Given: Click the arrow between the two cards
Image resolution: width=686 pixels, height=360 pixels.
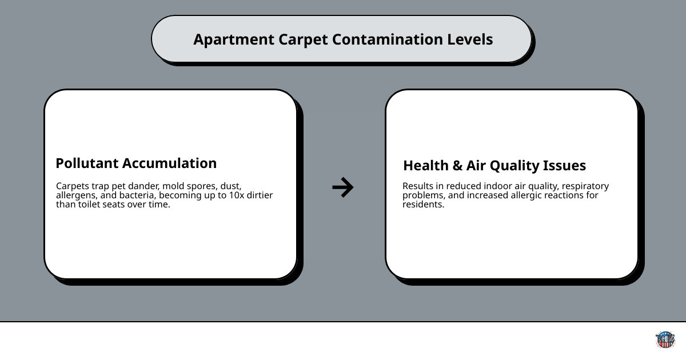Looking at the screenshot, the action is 343,187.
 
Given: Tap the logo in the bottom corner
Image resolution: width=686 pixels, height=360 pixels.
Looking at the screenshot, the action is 665,340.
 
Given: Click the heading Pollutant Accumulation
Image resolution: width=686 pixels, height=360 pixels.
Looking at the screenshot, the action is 136,163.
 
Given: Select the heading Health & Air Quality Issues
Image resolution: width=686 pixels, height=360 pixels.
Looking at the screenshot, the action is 494,166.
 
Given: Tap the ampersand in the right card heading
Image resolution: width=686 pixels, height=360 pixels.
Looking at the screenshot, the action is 457,166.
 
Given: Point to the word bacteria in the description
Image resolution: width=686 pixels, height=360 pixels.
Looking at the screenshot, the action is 138,195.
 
